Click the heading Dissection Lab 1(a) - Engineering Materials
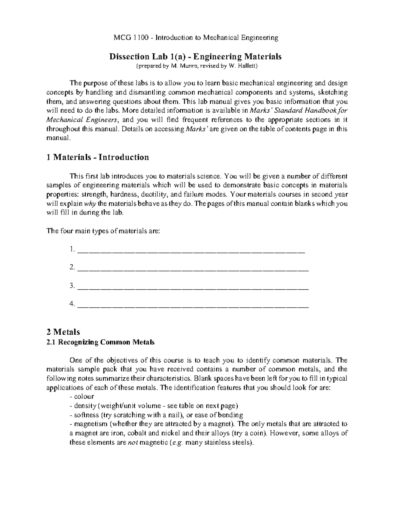[x=195, y=57]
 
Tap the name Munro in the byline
[x=188, y=66]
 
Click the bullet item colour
[x=84, y=397]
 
